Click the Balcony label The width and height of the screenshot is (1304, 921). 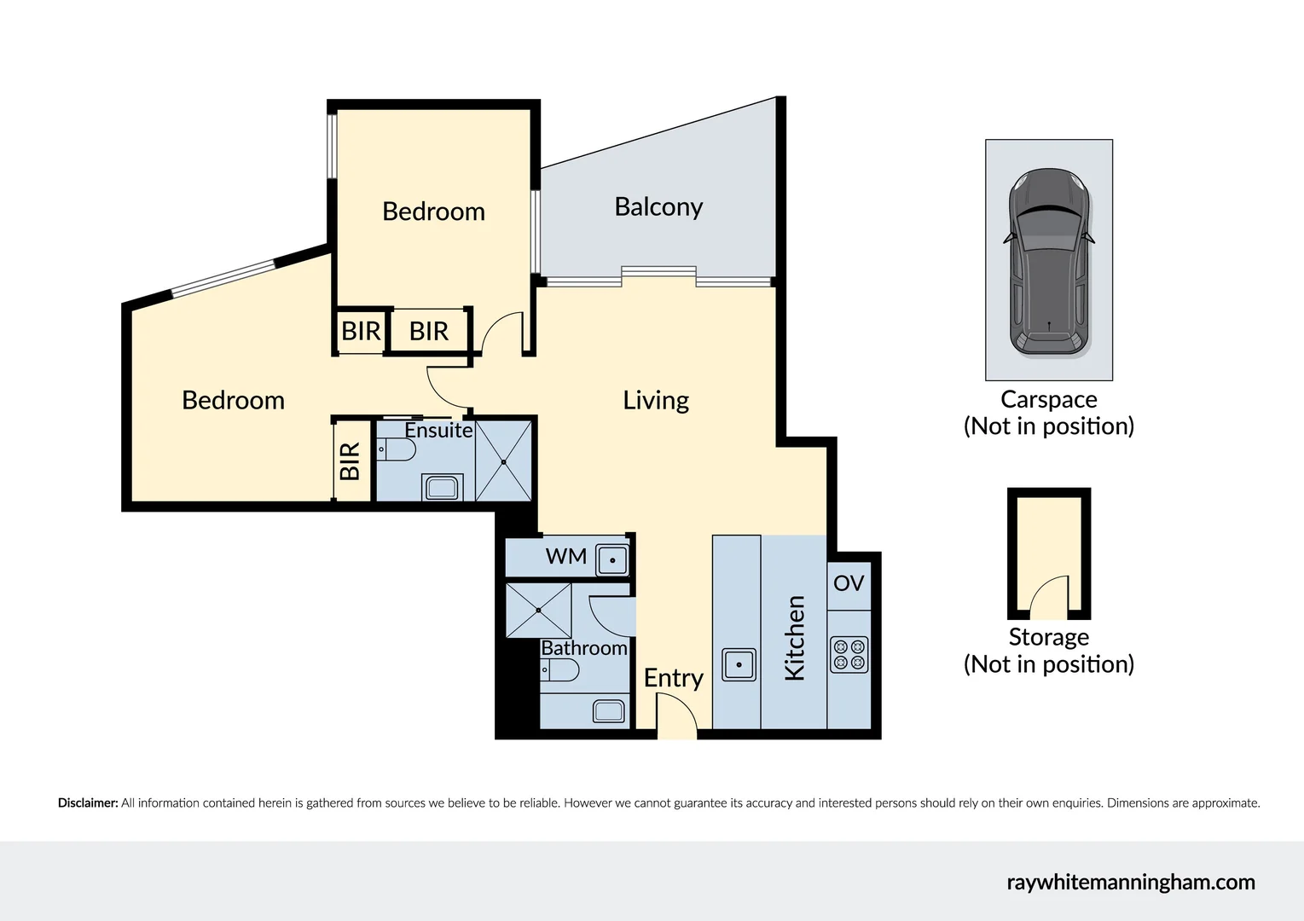tap(658, 207)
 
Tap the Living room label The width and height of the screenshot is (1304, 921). tap(655, 400)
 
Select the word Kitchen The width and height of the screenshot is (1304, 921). tap(794, 638)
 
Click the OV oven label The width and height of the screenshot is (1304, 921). tap(849, 583)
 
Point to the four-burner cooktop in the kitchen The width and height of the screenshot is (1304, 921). tap(849, 655)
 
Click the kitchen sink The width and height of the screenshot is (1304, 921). tap(739, 664)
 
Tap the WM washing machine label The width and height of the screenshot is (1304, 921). tap(566, 557)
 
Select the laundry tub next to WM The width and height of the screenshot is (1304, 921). tap(612, 560)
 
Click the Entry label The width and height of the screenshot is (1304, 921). tap(673, 678)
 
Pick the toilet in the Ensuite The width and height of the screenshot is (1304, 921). tap(396, 449)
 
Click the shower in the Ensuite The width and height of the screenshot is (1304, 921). tap(503, 461)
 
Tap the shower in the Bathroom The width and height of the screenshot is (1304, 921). tap(538, 611)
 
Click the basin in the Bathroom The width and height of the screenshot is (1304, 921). tap(609, 710)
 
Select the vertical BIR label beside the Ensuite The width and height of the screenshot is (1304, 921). tap(351, 461)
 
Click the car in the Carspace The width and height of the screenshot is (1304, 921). tap(1048, 263)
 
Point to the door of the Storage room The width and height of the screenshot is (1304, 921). tap(1049, 599)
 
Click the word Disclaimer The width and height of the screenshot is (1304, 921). tap(88, 803)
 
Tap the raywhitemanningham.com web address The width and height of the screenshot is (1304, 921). tap(1130, 883)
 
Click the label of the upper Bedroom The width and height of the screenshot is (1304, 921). tap(433, 211)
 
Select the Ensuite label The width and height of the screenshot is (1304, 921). tap(438, 431)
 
